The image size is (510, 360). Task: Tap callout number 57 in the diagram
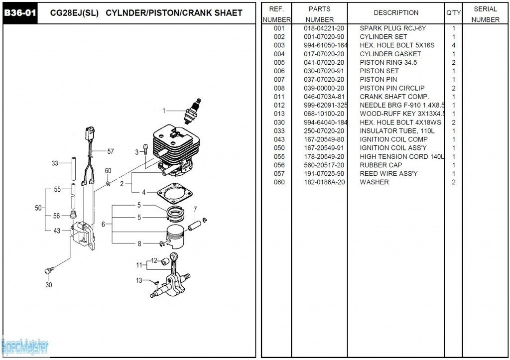pyautogui.click(x=111, y=151)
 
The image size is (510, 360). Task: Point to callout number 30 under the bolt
pyautogui.click(x=48, y=285)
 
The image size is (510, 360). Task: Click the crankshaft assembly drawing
pyautogui.click(x=172, y=279)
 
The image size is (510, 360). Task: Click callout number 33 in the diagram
pyautogui.click(x=55, y=163)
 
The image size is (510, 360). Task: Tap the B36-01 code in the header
pyautogui.click(x=20, y=13)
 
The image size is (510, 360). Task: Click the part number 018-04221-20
pyautogui.click(x=324, y=28)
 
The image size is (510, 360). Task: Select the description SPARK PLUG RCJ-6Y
pyautogui.click(x=392, y=28)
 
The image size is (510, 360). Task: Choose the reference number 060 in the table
pyautogui.click(x=279, y=182)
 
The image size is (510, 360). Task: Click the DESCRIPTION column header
pyautogui.click(x=396, y=13)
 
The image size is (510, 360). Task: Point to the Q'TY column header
pyautogui.click(x=453, y=13)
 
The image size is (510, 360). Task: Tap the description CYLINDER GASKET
pyautogui.click(x=390, y=54)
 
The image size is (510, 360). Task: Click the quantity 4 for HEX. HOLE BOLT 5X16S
pyautogui.click(x=453, y=45)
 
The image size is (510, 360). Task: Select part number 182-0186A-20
pyautogui.click(x=324, y=182)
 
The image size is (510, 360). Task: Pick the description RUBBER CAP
pyautogui.click(x=381, y=165)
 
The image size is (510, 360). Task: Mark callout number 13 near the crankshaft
pyautogui.click(x=139, y=280)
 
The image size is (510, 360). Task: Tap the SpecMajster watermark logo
pyautogui.click(x=25, y=346)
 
